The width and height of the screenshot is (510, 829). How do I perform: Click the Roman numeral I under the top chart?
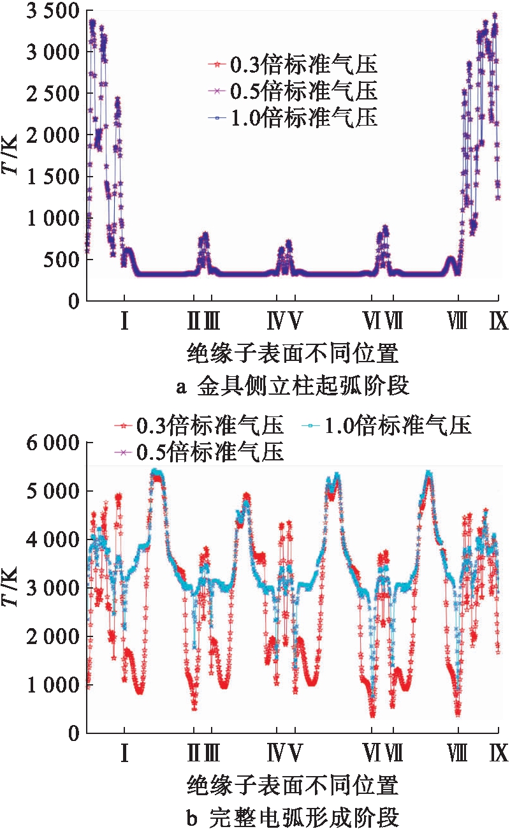click(x=125, y=323)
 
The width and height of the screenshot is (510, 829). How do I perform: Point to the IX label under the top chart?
click(x=499, y=323)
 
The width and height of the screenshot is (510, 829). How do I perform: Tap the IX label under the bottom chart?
click(x=499, y=754)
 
